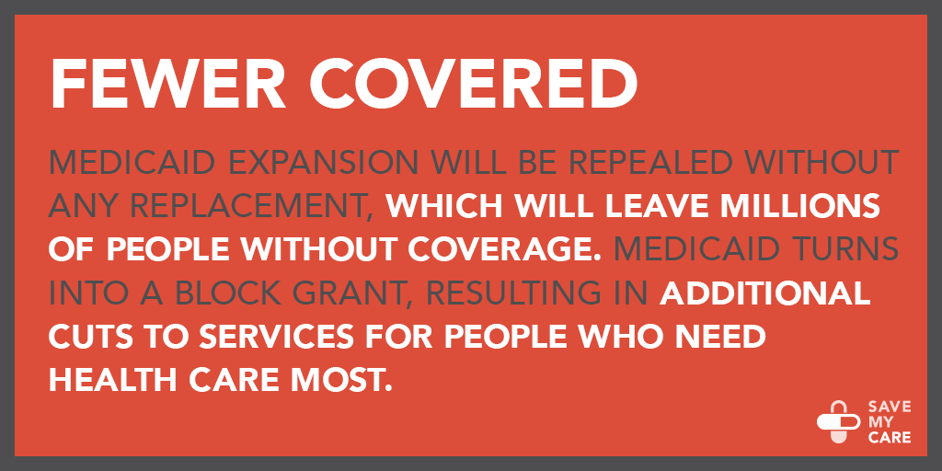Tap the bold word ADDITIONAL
tap(765, 292)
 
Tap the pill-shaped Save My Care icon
tap(839, 421)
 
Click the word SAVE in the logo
tap(890, 408)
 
